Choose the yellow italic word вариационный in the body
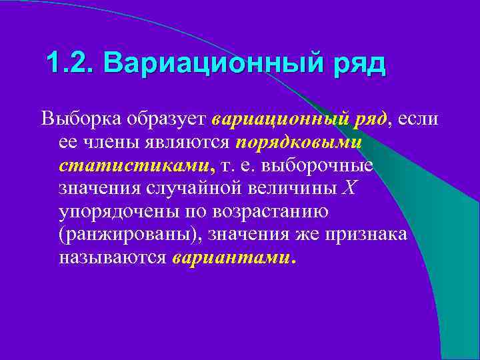click(278, 120)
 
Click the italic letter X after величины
click(351, 189)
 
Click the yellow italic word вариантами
click(231, 258)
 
